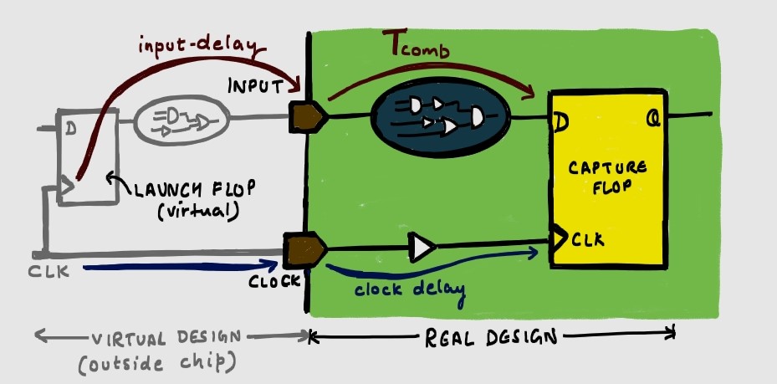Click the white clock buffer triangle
[422, 247]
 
